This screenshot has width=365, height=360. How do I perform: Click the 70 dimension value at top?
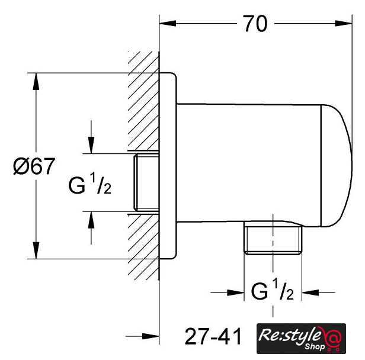(255, 24)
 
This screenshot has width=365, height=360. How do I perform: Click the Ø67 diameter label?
(34, 166)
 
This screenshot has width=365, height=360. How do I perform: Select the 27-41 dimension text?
(213, 336)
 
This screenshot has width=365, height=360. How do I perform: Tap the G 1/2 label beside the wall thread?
(89, 183)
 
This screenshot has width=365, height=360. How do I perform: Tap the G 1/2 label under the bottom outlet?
(273, 289)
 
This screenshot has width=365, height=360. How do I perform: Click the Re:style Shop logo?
(301, 338)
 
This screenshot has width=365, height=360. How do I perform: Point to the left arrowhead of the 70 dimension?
(168, 23)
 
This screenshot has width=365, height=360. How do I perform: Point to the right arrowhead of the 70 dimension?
(343, 23)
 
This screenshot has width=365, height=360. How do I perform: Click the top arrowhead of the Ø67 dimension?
(36, 81)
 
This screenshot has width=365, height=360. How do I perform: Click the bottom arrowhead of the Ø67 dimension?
(36, 250)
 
